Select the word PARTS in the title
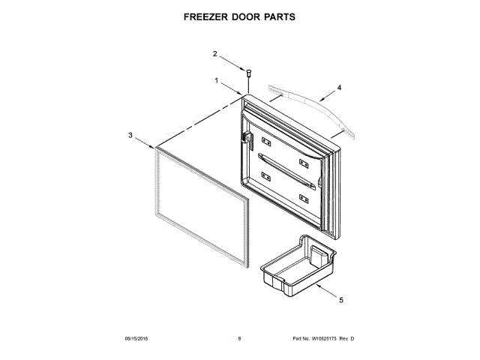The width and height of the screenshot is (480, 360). click(276, 16)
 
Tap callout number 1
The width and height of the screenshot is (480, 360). click(217, 80)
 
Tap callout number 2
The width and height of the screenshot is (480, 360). click(215, 54)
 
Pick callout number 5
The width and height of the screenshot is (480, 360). click(341, 301)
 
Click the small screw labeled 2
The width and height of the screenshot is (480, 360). click(248, 73)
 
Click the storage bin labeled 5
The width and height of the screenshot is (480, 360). click(297, 266)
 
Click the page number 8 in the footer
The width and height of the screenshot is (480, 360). click(239, 340)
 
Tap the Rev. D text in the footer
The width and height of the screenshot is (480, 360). click(346, 340)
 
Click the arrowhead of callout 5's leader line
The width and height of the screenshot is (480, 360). click(316, 286)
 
